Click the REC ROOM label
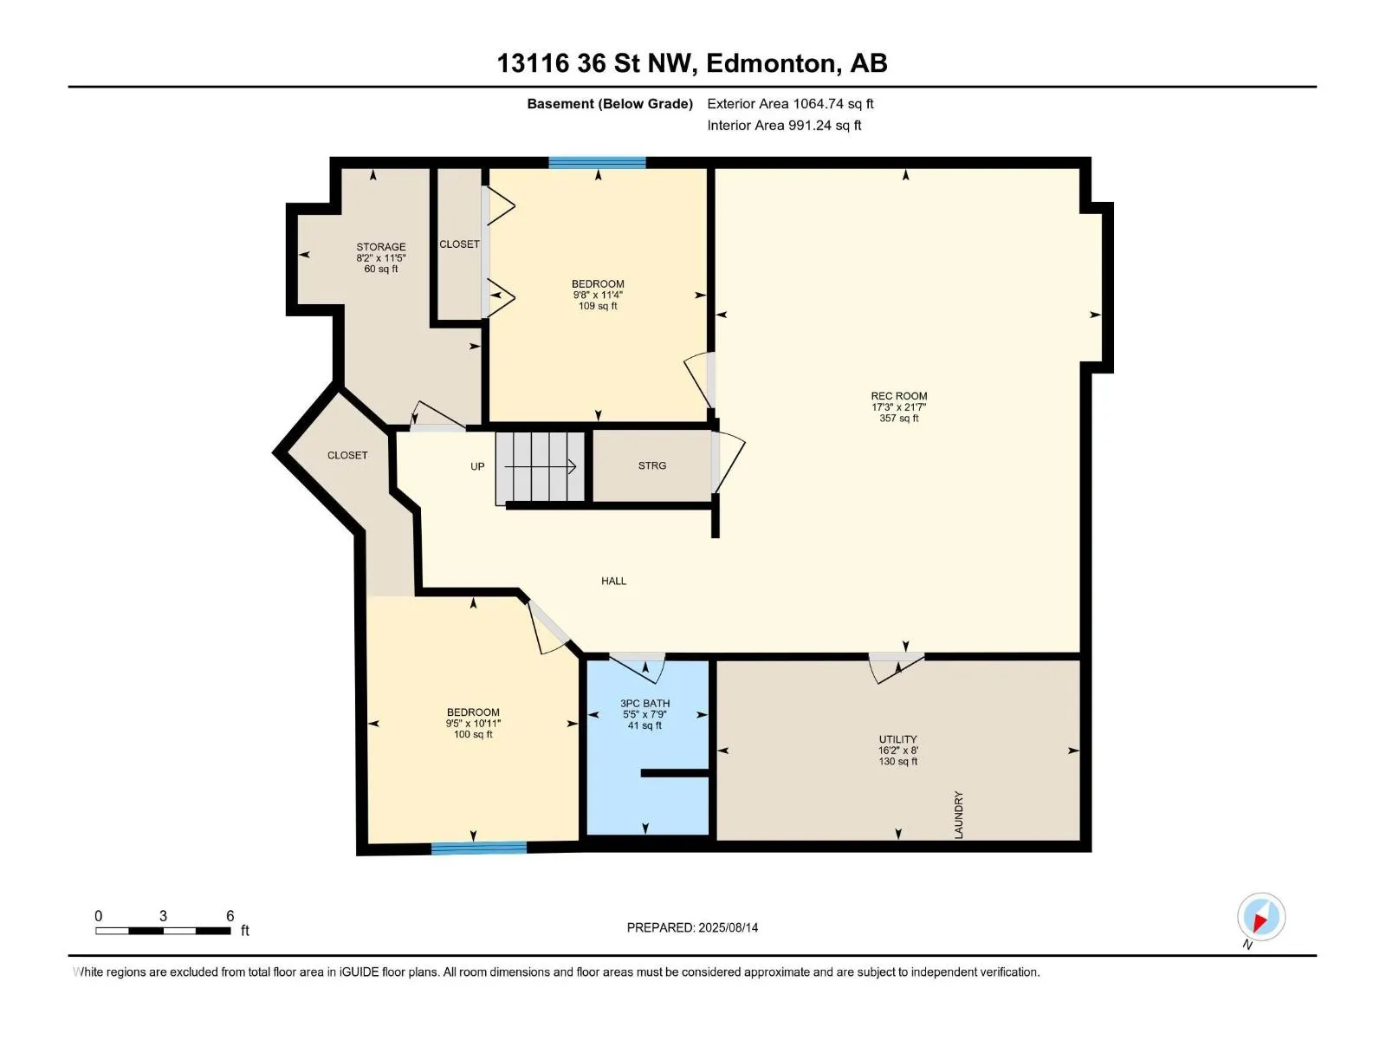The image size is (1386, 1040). (898, 396)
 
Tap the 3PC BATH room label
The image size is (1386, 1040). (644, 703)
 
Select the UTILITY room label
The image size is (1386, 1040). (897, 738)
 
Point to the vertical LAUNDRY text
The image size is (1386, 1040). (959, 815)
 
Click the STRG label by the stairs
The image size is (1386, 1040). (651, 465)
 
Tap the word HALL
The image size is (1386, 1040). (613, 581)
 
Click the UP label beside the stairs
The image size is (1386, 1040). (477, 466)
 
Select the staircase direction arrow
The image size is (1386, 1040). (540, 466)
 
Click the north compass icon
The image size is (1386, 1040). (1261, 916)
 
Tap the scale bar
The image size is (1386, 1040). (163, 931)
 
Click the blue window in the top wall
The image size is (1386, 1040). (597, 162)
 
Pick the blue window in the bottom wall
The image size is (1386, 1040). (479, 848)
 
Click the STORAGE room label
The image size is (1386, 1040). (381, 247)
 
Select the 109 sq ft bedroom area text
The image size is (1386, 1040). (598, 306)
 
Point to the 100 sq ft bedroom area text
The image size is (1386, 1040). (473, 734)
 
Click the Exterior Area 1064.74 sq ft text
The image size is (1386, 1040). (790, 103)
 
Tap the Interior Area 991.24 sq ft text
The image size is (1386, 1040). (784, 125)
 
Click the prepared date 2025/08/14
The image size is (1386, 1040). (728, 927)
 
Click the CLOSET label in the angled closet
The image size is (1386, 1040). (347, 455)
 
